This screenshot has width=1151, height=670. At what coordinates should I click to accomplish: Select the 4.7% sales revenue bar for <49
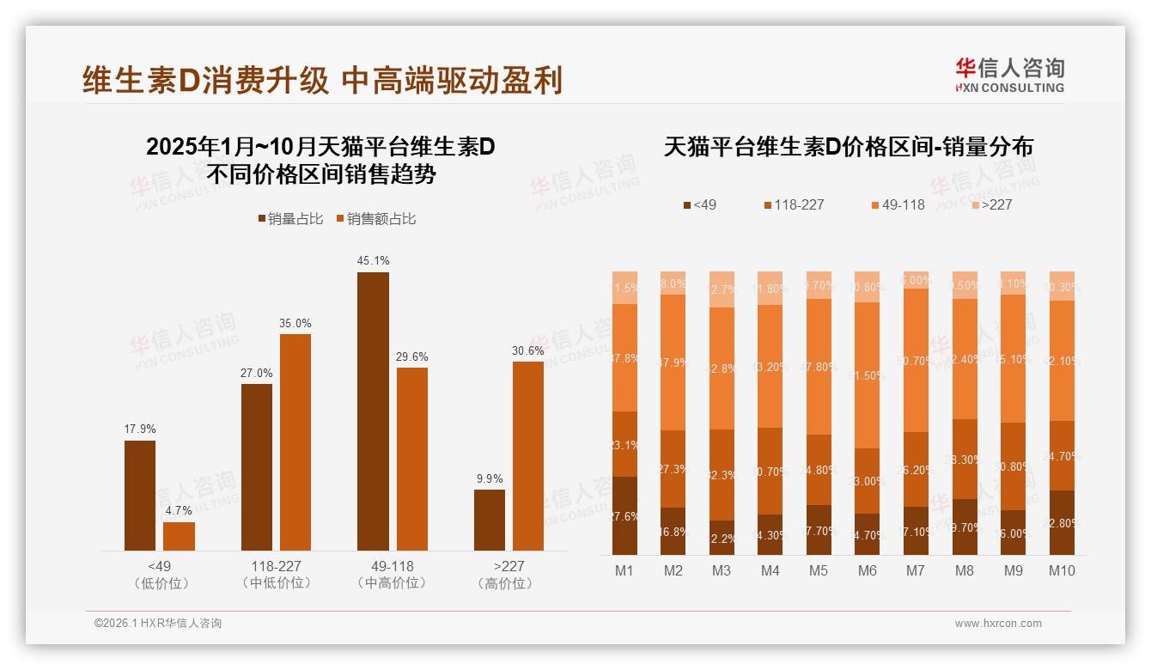179,536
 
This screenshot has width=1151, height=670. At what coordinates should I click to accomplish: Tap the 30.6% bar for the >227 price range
528,455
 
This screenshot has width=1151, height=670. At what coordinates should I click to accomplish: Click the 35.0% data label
295,323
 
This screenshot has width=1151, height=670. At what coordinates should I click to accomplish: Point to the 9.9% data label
489,478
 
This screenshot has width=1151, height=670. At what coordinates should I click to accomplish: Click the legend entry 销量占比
290,219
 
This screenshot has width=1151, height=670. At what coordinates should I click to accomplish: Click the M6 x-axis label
868,570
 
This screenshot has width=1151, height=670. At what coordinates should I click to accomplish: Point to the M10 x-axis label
1062,570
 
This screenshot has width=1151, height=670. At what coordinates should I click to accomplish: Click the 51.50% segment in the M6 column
868,375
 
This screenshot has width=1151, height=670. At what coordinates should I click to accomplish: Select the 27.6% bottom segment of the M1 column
624,515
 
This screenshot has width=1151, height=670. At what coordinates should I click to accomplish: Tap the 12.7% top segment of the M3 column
722,289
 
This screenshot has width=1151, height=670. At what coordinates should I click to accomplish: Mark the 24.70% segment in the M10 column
1062,455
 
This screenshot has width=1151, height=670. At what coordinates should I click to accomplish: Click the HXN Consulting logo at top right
1009,76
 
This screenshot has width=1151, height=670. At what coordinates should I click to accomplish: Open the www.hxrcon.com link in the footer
998,624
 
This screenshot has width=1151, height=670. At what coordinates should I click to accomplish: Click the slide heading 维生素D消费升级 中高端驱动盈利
322,80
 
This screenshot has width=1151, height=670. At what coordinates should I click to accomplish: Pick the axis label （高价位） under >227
509,583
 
